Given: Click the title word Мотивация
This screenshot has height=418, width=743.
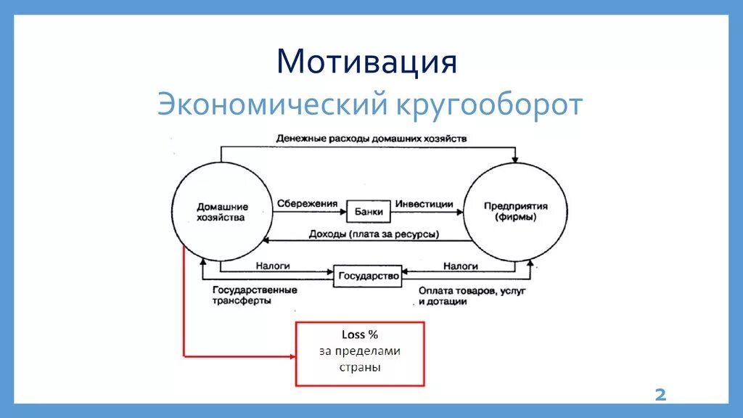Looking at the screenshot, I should click(x=366, y=62).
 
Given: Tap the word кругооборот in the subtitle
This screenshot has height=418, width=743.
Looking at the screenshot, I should click(x=488, y=105).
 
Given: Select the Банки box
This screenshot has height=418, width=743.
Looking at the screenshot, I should click(x=369, y=210).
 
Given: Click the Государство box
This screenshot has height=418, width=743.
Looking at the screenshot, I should click(x=367, y=276).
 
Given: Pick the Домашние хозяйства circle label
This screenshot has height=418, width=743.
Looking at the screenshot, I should click(x=221, y=211).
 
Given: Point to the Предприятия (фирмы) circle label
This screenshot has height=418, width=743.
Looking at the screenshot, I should click(x=516, y=211).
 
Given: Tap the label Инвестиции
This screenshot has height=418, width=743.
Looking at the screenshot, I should click(x=424, y=204).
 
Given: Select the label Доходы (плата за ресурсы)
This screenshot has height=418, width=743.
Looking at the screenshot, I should click(x=364, y=234).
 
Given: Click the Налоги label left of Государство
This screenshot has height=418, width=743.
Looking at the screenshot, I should click(x=273, y=266).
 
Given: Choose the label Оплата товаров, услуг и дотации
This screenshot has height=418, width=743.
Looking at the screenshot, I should click(x=471, y=296).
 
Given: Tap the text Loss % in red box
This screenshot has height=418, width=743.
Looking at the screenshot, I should click(x=360, y=335).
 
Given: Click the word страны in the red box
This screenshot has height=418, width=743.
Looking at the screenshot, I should click(x=360, y=367).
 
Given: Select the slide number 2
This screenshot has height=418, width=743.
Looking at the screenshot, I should click(x=660, y=395).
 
